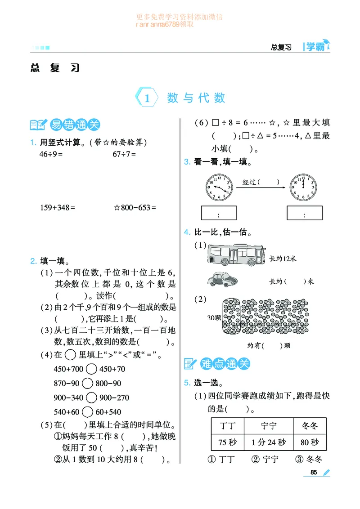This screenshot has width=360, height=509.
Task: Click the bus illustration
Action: [x=236, y=254]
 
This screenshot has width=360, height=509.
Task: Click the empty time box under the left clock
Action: [x=219, y=214]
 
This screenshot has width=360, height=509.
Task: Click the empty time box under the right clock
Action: [x=305, y=214]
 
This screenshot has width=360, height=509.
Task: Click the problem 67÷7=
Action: [x=124, y=154]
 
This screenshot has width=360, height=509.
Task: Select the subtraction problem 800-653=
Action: [x=135, y=208]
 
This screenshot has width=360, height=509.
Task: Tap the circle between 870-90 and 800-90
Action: [x=88, y=384]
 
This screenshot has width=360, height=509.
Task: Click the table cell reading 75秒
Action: [x=227, y=442]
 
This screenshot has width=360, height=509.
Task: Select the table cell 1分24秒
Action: [x=269, y=442]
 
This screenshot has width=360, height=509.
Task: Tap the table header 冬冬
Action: [x=310, y=425]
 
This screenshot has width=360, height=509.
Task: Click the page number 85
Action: [x=314, y=472]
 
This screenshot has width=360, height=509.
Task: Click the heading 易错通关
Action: [x=74, y=125]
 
